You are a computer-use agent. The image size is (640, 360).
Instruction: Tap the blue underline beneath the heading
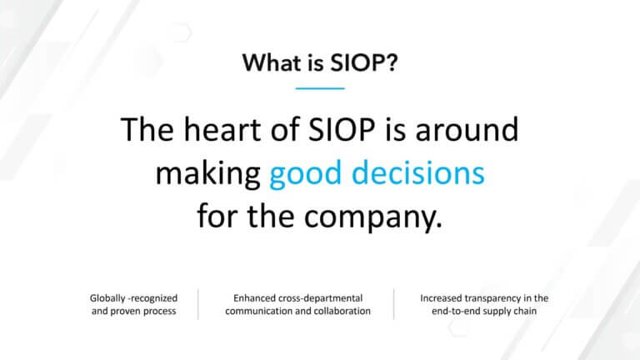320,87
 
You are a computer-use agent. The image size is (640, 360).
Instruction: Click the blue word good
304,173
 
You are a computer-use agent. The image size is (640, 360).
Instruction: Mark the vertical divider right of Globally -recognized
197,304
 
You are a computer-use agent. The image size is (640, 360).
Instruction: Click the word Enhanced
252,297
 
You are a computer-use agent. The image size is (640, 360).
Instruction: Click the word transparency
492,297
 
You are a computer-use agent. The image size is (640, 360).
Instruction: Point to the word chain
533,312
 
